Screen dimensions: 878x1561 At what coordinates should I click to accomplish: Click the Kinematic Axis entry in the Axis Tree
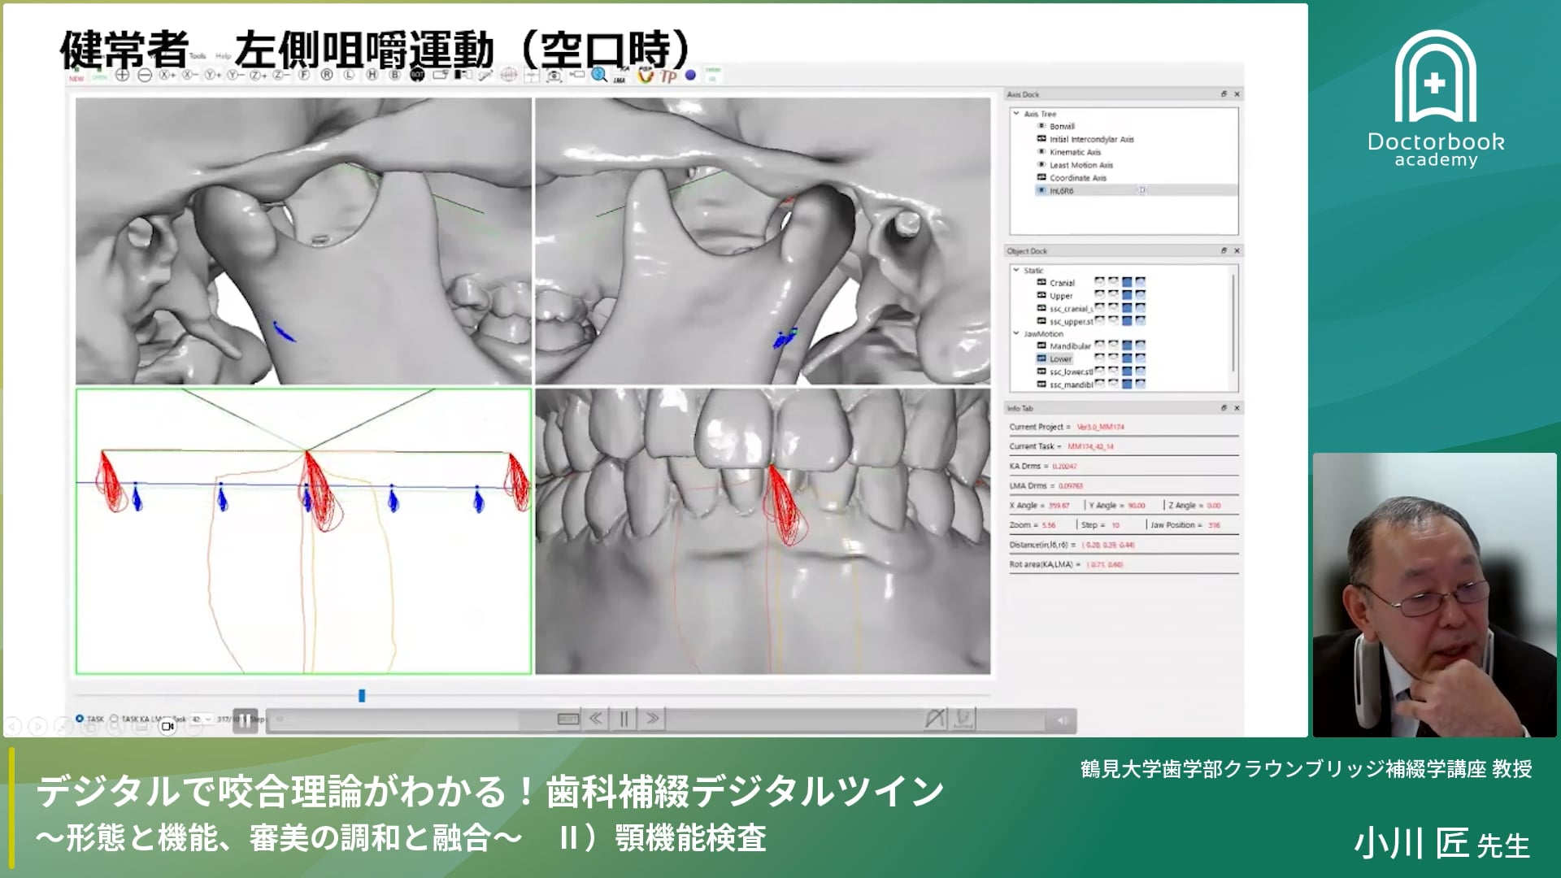pos(1075,152)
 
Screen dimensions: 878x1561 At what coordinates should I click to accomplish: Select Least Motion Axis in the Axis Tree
pos(1081,165)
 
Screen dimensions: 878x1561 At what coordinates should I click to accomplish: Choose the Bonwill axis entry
pos(1062,126)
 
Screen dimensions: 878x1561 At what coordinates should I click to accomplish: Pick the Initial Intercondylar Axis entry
pos(1091,139)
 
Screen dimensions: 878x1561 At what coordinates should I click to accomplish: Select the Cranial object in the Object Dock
pos(1062,283)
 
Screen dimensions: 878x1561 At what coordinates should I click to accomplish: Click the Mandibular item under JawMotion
pos(1070,346)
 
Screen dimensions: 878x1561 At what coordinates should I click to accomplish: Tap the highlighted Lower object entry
pos(1060,359)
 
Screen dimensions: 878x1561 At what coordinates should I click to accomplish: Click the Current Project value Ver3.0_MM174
pos(1100,427)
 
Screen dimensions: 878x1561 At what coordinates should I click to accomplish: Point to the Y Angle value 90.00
pos(1136,506)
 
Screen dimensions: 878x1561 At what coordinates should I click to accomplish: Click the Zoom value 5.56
pos(1048,525)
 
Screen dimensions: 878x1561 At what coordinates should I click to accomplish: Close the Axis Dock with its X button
pos(1237,94)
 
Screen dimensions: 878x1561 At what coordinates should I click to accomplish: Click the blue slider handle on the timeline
pos(362,696)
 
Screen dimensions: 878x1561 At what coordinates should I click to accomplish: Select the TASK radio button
pos(80,719)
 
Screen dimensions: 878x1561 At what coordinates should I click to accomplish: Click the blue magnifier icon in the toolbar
pos(599,75)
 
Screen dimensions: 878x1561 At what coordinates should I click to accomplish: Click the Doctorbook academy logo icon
pos(1436,78)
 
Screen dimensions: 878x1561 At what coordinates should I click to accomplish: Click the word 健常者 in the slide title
pos(124,50)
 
